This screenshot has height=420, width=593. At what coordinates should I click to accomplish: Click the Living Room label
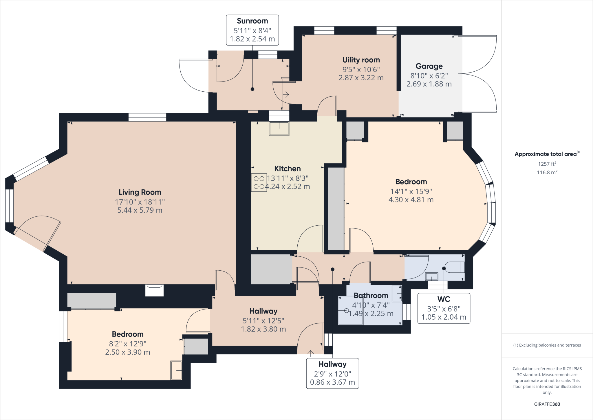[x=140, y=192]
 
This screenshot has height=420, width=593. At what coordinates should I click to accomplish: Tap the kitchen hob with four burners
[x=259, y=183]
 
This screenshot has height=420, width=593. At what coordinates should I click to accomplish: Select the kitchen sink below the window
[x=279, y=128]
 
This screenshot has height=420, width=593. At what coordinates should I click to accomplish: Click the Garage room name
[x=429, y=66]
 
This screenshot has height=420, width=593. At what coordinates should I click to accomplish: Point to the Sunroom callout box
[x=252, y=30]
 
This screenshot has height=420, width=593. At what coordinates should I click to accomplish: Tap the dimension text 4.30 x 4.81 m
[x=411, y=200]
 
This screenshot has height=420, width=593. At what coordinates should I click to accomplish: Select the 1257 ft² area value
[x=547, y=164]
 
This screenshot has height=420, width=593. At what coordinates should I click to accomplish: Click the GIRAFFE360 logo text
[x=547, y=404]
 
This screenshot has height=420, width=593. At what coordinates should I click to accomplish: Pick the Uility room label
[x=361, y=60]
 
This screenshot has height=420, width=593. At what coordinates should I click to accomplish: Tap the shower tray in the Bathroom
[x=351, y=310]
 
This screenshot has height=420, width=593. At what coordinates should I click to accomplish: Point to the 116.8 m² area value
[x=547, y=172]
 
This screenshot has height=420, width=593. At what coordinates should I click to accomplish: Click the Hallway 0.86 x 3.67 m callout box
[x=332, y=373]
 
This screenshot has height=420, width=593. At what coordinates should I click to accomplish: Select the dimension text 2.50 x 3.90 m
[x=127, y=352]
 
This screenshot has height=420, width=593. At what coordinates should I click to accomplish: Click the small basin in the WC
[x=431, y=277]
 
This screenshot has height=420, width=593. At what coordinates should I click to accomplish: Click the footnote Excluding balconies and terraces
[x=547, y=345]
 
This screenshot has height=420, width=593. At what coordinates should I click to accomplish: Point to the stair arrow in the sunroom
[x=286, y=95]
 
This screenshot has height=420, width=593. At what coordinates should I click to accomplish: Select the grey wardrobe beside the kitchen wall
[x=336, y=209]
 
